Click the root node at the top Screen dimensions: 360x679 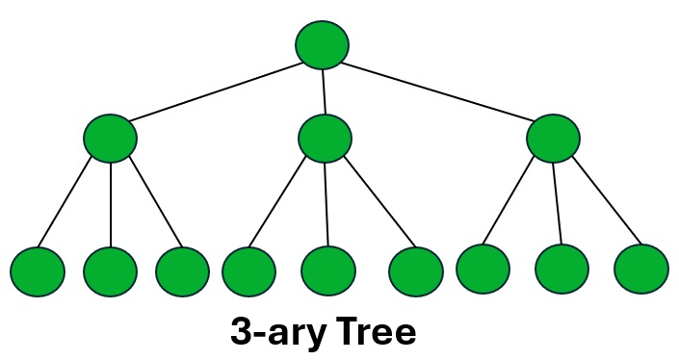click(322, 45)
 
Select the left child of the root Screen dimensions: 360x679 click(110, 139)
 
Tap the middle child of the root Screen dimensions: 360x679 click(325, 139)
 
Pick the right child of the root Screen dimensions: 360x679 click(554, 139)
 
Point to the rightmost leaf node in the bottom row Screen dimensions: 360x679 click(641, 268)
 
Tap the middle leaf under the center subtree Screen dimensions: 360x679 click(328, 270)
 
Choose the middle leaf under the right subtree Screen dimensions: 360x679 click(561, 268)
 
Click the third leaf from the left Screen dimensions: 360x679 click(182, 270)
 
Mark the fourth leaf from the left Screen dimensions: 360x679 click(248, 270)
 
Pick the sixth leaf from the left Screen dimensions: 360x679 click(416, 270)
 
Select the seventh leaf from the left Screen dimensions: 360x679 click(483, 268)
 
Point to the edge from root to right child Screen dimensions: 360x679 click(438, 91)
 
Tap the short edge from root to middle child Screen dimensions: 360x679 click(324, 92)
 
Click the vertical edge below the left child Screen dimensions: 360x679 click(111, 204)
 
